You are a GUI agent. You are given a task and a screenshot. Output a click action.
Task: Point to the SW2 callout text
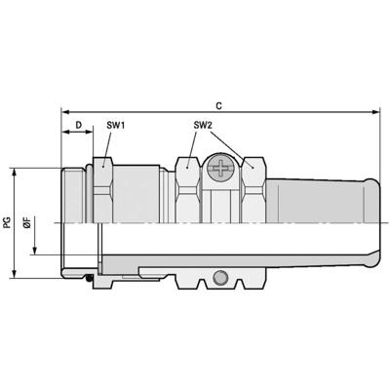(x=202, y=125)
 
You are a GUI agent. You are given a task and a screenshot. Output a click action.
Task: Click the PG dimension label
(x=8, y=222)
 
